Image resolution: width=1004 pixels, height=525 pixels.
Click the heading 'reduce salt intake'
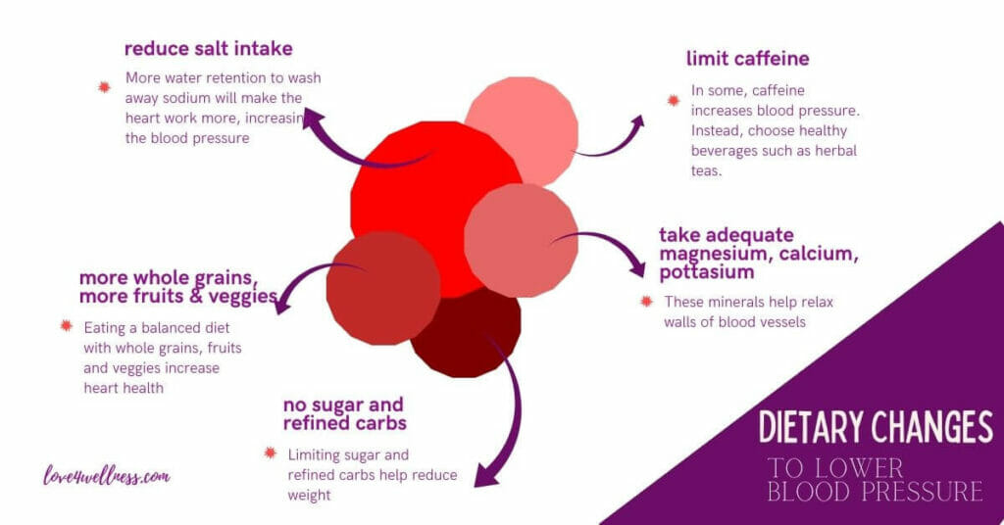pyautogui.click(x=208, y=49)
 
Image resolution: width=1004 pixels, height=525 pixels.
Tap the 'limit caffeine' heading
pyautogui.click(x=748, y=59)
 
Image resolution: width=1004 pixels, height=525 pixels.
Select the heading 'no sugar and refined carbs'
pyautogui.click(x=344, y=414)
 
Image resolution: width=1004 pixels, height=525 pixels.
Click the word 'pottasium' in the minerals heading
pyautogui.click(x=707, y=272)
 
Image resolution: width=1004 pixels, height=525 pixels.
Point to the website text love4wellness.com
pyautogui.click(x=107, y=477)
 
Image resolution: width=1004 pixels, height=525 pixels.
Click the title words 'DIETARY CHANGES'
pyautogui.click(x=877, y=427)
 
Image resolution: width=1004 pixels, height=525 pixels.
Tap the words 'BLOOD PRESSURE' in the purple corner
pyautogui.click(x=875, y=491)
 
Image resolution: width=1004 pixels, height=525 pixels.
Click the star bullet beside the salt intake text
pyautogui.click(x=104, y=87)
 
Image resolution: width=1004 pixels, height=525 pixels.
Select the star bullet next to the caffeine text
pyautogui.click(x=673, y=100)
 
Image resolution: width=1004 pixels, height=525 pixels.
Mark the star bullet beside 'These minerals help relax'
pyautogui.click(x=646, y=302)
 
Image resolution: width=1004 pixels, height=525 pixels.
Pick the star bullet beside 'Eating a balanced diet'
pyautogui.click(x=66, y=326)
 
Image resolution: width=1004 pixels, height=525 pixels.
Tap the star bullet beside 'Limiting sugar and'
pyautogui.click(x=270, y=453)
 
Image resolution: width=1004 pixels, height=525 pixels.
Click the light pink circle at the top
pyautogui.click(x=521, y=126)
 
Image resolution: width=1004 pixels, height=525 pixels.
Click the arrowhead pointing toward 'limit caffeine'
pyautogui.click(x=638, y=120)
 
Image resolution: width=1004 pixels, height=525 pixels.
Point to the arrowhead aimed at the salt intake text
pyautogui.click(x=313, y=118)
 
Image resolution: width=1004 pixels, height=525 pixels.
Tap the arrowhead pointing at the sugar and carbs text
pyautogui.click(x=482, y=479)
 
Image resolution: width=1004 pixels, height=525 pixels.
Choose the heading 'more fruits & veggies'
pyautogui.click(x=178, y=297)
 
